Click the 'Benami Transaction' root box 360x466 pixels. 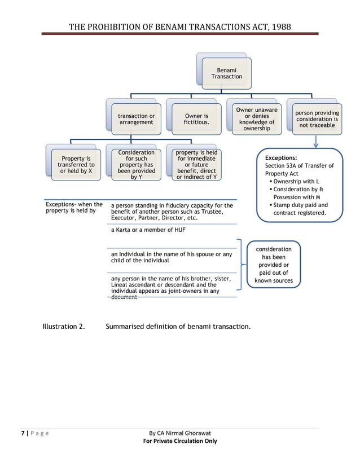pos(226,73)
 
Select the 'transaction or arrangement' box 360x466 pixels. pos(136,119)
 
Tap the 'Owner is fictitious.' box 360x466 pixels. pos(196,119)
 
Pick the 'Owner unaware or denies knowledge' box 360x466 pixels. pos(257,119)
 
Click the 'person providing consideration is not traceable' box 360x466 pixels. pos(317,119)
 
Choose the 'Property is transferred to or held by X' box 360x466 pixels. pos(76,164)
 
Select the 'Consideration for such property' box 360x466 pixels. pos(136,164)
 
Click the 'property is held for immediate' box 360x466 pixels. pos(196,164)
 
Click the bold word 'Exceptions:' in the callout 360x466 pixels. pos(281,159)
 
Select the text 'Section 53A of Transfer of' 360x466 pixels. pos(299,166)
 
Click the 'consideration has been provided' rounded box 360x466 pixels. pos(274,265)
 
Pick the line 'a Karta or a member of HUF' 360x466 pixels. pos(148,230)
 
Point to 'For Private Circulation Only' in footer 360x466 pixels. pos(180,441)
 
